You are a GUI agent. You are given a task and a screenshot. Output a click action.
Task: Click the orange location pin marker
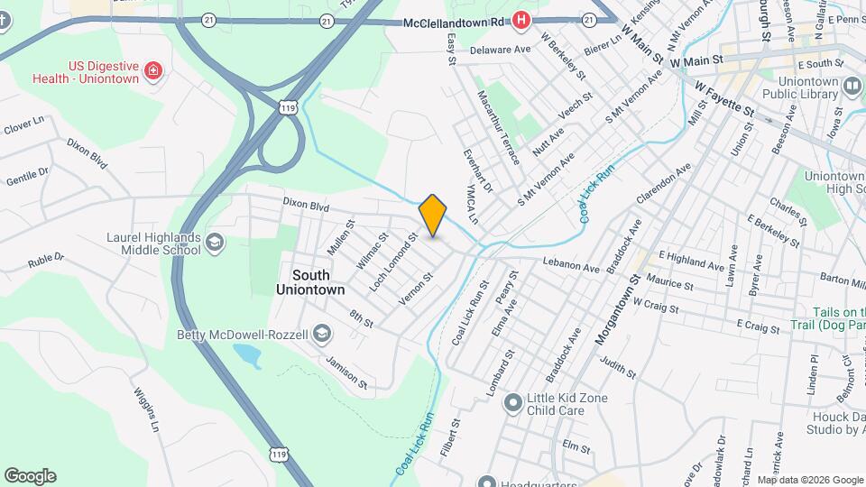433,215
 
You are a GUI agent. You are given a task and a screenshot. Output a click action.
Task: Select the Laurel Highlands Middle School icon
215,242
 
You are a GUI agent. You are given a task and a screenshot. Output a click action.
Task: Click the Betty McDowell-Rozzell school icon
320,335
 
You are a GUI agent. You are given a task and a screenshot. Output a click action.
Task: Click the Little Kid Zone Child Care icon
513,400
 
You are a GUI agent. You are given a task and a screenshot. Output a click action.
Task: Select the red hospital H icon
521,19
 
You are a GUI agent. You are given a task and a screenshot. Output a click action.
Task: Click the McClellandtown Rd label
453,20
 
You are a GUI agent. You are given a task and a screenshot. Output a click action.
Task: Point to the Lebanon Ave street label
571,268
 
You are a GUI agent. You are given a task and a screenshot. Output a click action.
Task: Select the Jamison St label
347,372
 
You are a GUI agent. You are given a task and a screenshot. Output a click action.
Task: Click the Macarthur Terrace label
499,127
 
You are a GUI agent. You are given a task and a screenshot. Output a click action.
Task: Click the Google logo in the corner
30,476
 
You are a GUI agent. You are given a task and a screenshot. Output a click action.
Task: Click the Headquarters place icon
488,482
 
